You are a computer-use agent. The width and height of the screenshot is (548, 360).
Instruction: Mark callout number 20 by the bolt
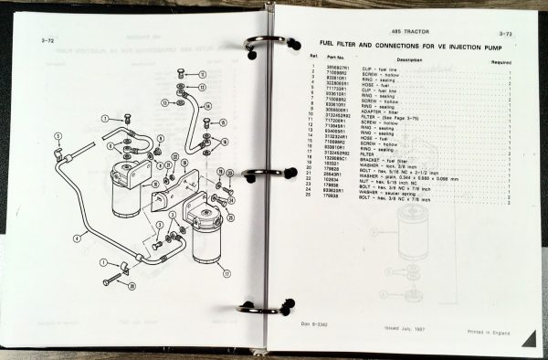131,286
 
